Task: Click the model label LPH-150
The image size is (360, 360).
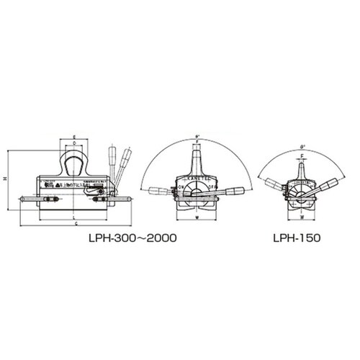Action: pyautogui.click(x=297, y=235)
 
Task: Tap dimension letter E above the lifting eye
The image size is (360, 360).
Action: pyautogui.click(x=76, y=136)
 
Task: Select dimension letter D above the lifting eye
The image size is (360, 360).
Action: pyautogui.click(x=76, y=143)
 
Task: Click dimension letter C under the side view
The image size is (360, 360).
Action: pyautogui.click(x=76, y=225)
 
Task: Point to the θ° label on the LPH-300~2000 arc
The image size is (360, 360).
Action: pyautogui.click(x=197, y=134)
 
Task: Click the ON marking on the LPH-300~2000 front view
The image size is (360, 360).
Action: pyautogui.click(x=179, y=185)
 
